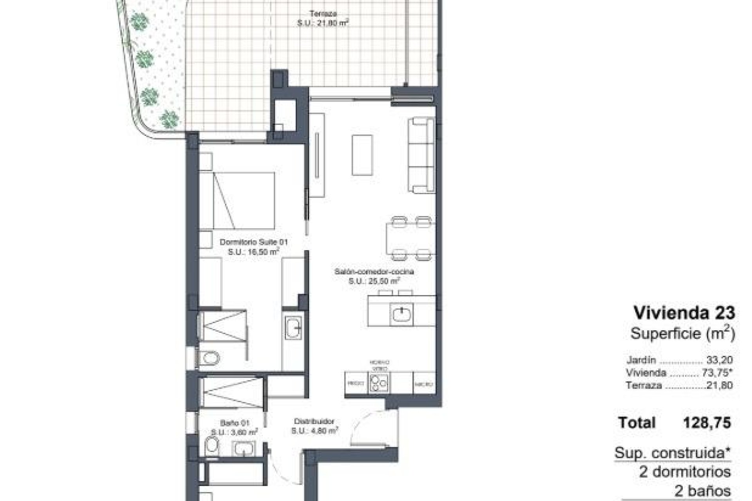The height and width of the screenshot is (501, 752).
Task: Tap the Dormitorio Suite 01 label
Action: (x=253, y=243)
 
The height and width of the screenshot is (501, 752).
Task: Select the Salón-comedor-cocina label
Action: (x=374, y=272)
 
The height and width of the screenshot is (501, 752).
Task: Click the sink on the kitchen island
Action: (x=401, y=314)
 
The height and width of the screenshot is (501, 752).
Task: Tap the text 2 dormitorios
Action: (x=685, y=472)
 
